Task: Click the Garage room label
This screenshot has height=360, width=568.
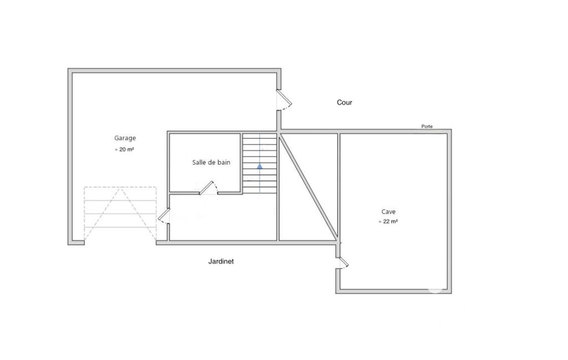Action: pos(125,138)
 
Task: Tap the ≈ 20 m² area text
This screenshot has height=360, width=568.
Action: pos(125,149)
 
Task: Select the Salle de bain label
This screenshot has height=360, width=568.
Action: pos(211,162)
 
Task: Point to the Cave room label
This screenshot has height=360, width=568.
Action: pos(388,212)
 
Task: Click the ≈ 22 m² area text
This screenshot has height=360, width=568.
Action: pos(388,222)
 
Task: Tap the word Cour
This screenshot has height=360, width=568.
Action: pos(345,102)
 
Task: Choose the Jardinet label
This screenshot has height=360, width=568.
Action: pos(221,261)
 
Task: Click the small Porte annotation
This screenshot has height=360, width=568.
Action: pos(427,126)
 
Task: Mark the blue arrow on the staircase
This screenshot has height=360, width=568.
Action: pos(260,166)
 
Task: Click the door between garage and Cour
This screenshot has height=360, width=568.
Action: pos(284,99)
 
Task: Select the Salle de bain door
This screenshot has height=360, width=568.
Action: pos(208,188)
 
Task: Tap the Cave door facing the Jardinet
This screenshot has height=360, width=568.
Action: pos(342,263)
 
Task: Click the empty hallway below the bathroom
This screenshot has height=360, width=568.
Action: pos(223,217)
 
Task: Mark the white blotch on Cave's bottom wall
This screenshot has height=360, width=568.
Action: pos(435,289)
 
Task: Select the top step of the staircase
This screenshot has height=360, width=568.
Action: pos(259,137)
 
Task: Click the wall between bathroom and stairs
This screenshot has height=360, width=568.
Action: pos(241,163)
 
